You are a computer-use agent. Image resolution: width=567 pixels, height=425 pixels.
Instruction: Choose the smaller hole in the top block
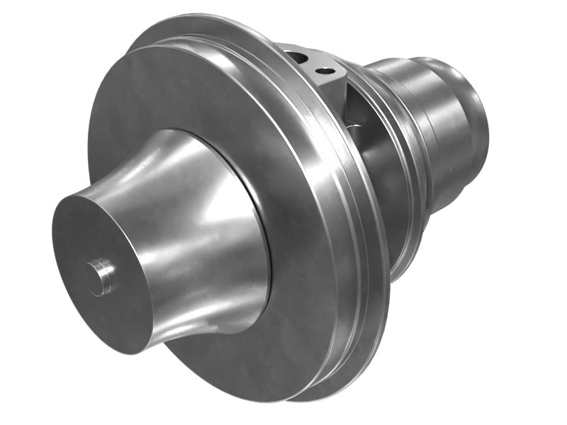(x=326, y=71)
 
